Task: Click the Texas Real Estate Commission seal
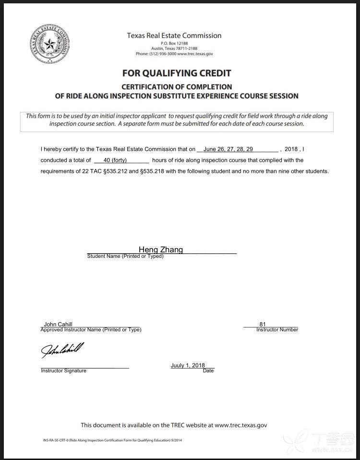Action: [x=49, y=46]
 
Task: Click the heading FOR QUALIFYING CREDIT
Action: [x=176, y=73]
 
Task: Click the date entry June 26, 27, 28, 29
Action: [x=228, y=149]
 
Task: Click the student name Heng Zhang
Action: [x=161, y=249]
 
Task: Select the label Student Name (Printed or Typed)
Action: [x=125, y=256]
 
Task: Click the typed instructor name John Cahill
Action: [x=58, y=325]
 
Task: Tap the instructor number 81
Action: [x=262, y=324]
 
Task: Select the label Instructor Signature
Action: [x=63, y=371]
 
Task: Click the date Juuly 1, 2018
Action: [x=188, y=365]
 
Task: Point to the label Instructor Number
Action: [x=277, y=330]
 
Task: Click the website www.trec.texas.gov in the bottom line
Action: [x=240, y=425]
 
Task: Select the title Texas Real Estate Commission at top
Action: [x=174, y=36]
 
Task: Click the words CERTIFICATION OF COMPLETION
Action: [x=176, y=87]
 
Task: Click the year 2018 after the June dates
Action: [x=291, y=149]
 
